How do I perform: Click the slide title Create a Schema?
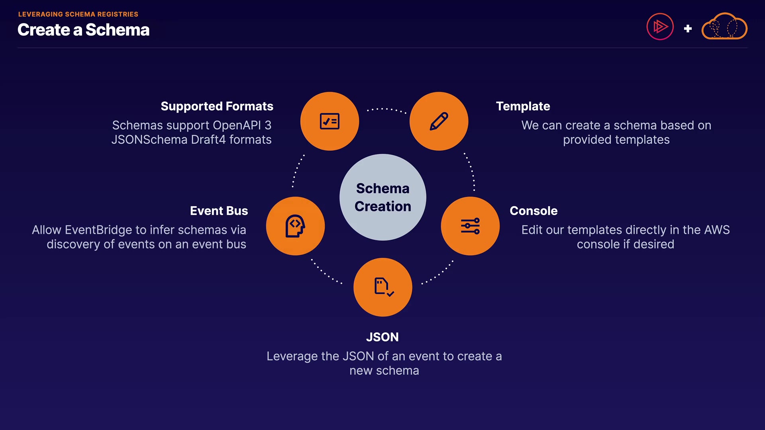(x=84, y=30)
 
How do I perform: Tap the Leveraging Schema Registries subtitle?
(x=78, y=14)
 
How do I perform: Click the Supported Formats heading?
(x=217, y=106)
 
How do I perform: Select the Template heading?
(x=523, y=106)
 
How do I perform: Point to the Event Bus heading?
(x=219, y=211)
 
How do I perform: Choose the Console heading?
(x=534, y=211)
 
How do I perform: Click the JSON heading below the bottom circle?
(x=382, y=337)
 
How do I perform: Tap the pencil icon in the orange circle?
(x=439, y=121)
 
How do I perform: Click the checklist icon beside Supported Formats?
(x=330, y=121)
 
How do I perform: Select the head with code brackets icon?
(x=295, y=226)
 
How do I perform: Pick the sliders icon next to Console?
(x=470, y=226)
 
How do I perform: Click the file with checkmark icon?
(x=384, y=287)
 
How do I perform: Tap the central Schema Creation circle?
(x=382, y=197)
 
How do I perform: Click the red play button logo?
(x=660, y=27)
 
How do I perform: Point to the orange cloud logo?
(x=724, y=26)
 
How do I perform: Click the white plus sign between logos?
(x=688, y=29)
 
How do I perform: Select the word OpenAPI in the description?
(x=237, y=125)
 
